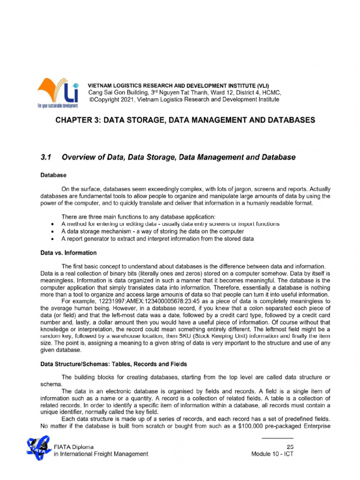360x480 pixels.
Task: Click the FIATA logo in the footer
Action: (x=38, y=448)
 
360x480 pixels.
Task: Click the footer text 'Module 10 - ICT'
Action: (x=272, y=454)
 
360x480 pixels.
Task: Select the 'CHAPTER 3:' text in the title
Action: (x=78, y=120)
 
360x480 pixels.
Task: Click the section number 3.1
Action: (x=46, y=157)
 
